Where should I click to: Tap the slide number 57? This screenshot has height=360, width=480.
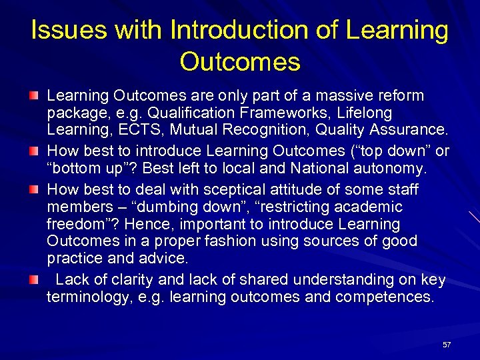(x=447, y=345)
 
